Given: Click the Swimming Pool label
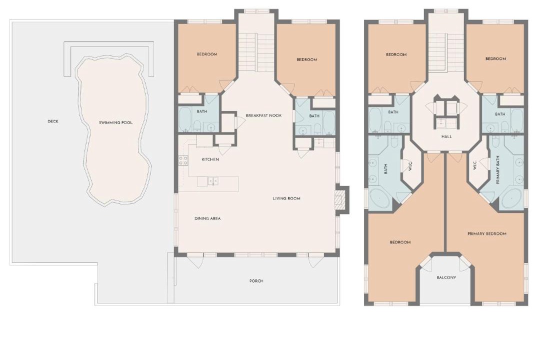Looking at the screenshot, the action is [x=115, y=122].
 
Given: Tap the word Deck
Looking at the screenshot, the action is [x=53, y=121].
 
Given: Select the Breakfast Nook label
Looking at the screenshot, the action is [x=264, y=115].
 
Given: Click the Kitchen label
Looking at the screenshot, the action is [x=210, y=159].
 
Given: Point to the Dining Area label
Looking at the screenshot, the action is [x=207, y=218].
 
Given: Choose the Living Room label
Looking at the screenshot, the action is [x=286, y=198].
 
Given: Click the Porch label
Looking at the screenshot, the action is [x=256, y=281].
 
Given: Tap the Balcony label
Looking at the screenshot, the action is [x=446, y=277].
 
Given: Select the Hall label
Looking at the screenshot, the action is [x=446, y=137].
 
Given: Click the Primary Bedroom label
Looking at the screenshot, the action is [x=487, y=233].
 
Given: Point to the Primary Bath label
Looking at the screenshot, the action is [x=498, y=170].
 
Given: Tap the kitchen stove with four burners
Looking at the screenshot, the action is [x=183, y=160].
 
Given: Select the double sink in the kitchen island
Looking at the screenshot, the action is [x=212, y=181].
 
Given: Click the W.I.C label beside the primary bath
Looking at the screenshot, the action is [x=474, y=165].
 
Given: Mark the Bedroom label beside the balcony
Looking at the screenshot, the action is [x=400, y=242].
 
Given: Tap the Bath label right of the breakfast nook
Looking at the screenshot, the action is [x=314, y=116].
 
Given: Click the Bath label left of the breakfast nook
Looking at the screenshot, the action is [x=202, y=111].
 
